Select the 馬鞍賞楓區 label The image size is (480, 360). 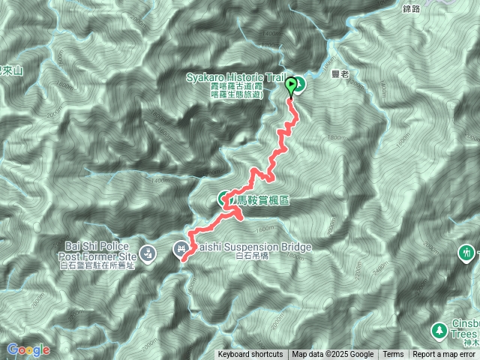click(262, 200)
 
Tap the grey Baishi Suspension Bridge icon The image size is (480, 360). click(182, 248)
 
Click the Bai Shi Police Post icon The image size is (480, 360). click(148, 252)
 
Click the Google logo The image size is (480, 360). click(27, 349)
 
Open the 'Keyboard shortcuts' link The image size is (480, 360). click(250, 355)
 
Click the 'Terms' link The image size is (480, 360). click(393, 355)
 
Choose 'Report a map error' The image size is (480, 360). click(445, 355)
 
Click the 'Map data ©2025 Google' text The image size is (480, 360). click(332, 355)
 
